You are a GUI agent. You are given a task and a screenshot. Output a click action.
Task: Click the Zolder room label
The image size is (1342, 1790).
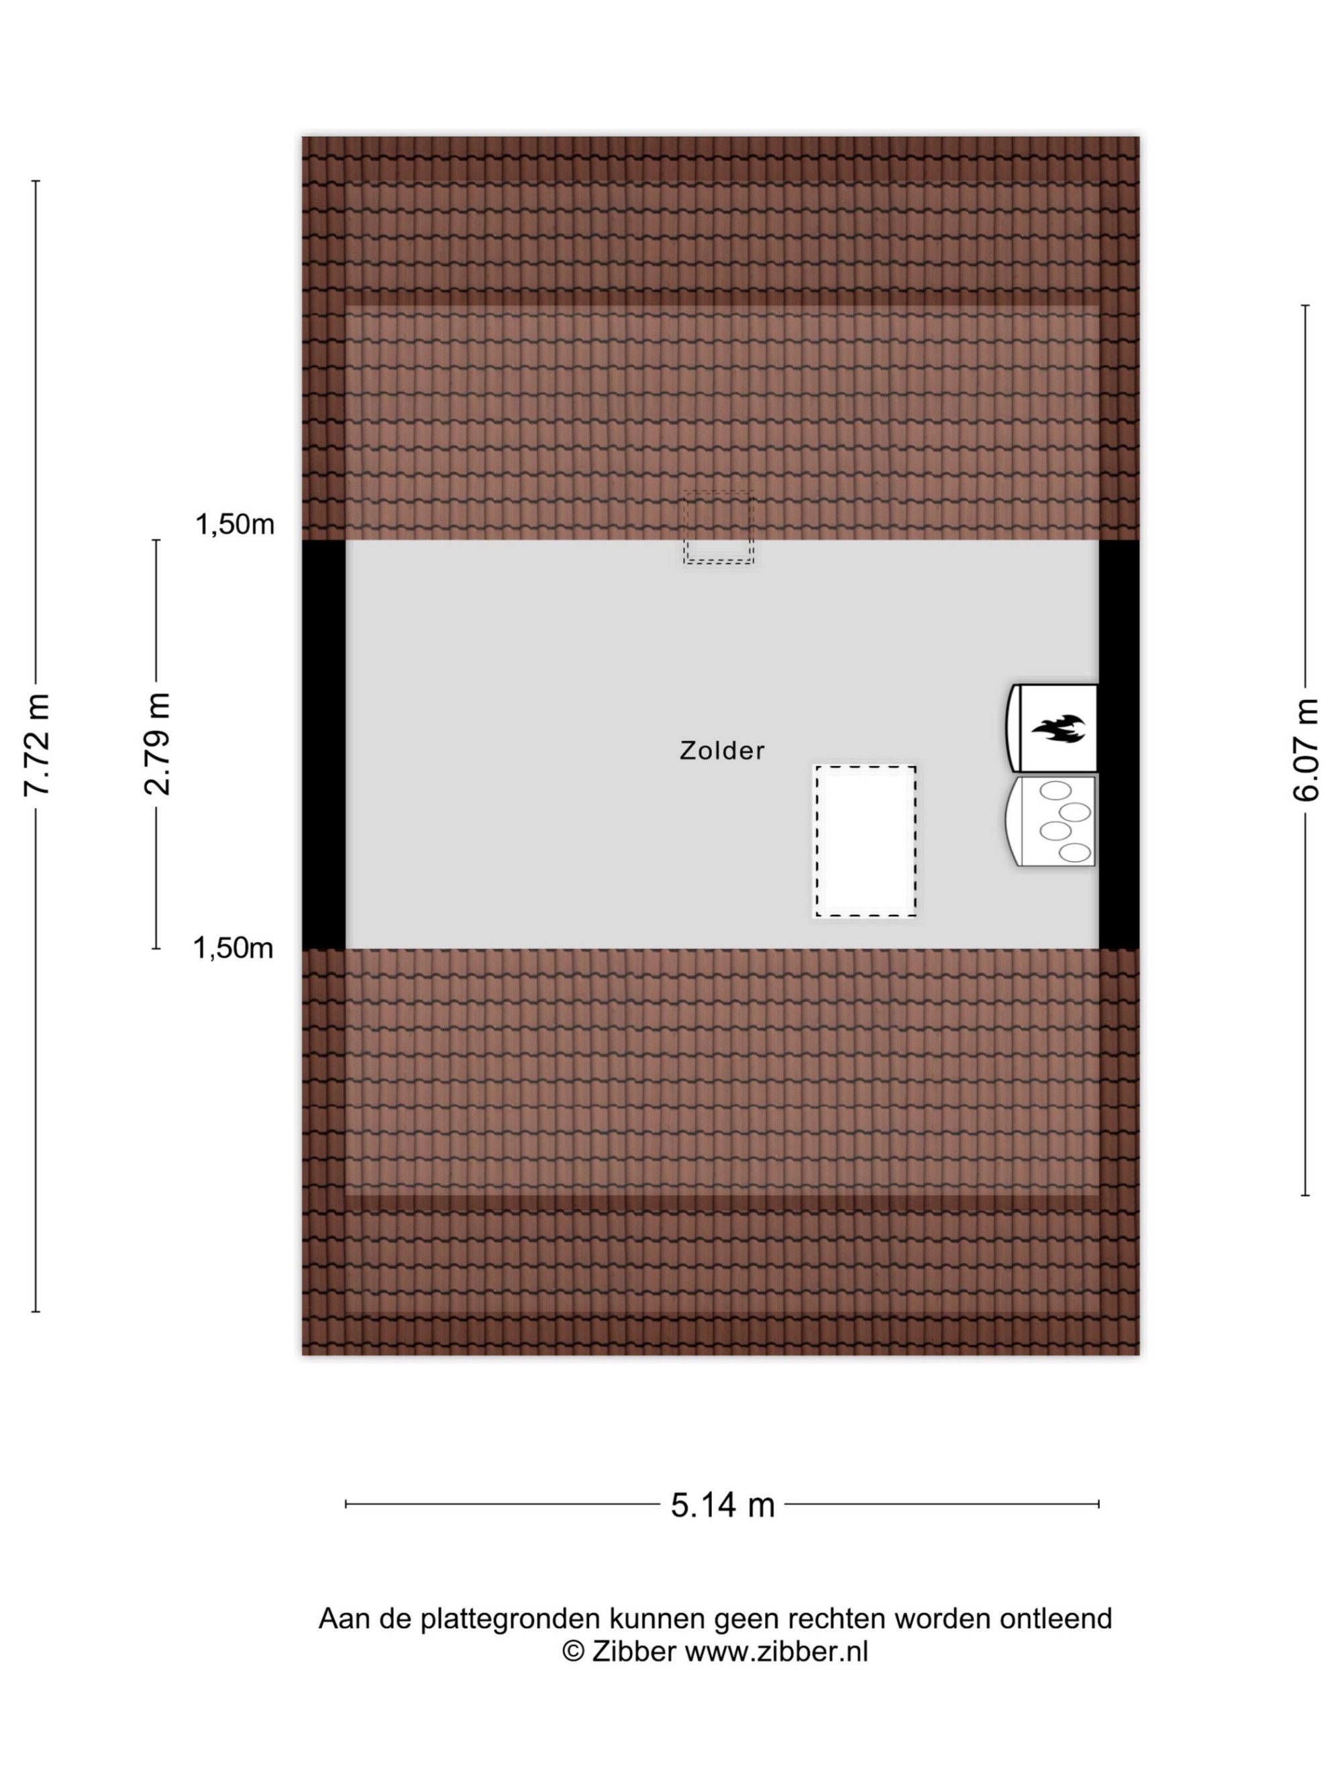pos(721,751)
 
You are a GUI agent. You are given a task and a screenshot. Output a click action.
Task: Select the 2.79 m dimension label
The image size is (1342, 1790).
pos(157,744)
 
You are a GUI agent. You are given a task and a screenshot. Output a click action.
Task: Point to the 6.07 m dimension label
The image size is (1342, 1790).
pos(1305,749)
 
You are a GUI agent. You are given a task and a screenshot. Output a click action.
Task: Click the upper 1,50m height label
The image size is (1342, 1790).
pos(235,524)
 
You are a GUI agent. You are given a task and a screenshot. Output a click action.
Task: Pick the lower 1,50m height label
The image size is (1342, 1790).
pos(233,948)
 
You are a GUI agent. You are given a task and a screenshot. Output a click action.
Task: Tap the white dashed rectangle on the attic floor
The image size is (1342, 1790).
pos(865,841)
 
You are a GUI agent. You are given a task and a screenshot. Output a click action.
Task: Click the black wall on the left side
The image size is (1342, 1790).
pos(323,744)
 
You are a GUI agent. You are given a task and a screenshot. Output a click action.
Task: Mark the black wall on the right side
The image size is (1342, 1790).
pos(1119,744)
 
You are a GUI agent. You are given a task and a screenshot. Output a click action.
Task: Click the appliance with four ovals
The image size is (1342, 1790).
pos(1051,821)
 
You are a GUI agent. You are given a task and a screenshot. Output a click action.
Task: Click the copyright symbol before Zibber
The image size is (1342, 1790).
pos(574,1651)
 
